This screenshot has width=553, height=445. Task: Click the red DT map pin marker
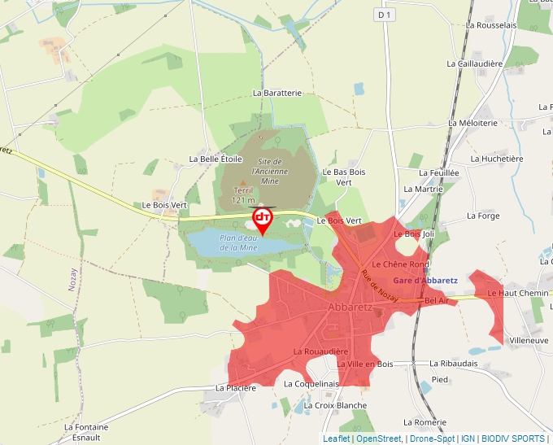click(x=263, y=219)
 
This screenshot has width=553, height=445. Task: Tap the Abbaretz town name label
click(x=351, y=308)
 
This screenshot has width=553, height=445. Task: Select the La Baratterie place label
click(x=276, y=93)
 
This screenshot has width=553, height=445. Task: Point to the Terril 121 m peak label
click(x=243, y=194)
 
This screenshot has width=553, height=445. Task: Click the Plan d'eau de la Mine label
click(x=238, y=242)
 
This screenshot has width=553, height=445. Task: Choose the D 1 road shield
click(x=385, y=15)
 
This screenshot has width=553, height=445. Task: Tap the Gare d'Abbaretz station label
click(x=425, y=280)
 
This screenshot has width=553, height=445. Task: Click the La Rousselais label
click(x=491, y=25)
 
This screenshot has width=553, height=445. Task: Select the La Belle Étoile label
click(x=216, y=159)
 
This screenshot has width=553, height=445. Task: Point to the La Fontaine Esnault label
click(x=85, y=431)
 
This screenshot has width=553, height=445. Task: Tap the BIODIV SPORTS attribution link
click(x=512, y=438)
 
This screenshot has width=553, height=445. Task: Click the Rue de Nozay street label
click(x=380, y=288)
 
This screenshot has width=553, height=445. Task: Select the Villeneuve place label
click(x=528, y=340)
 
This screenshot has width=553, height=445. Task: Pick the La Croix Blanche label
click(x=334, y=405)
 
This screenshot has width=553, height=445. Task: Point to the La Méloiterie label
click(x=472, y=123)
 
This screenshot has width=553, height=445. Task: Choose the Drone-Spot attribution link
click(x=432, y=438)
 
